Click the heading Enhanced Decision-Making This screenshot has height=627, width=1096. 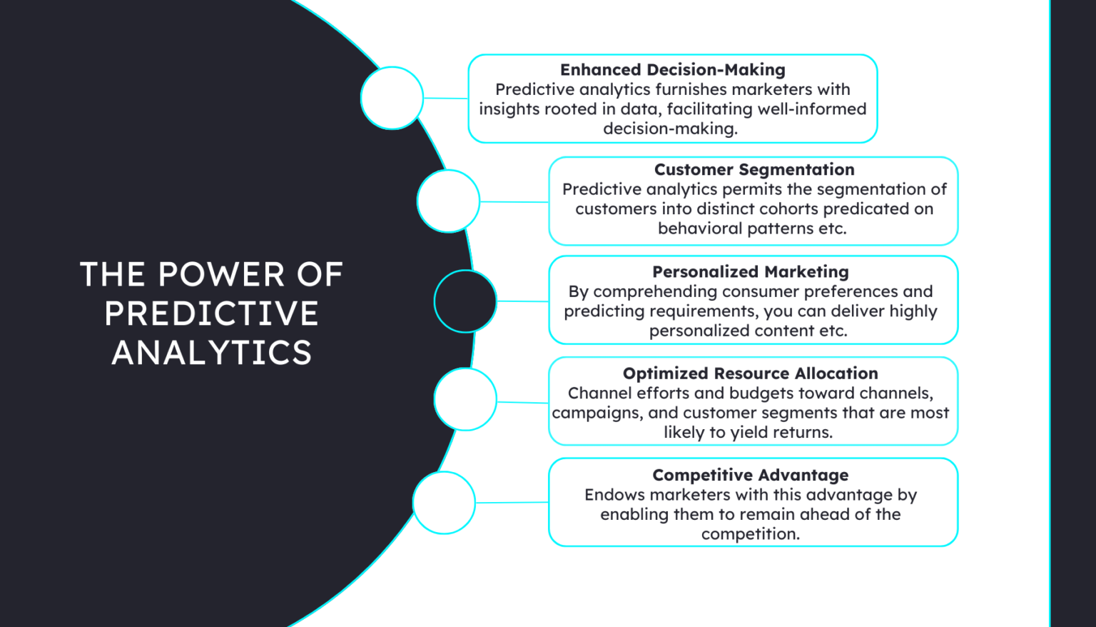pyautogui.click(x=672, y=70)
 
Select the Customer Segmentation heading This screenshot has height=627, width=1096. pyautogui.click(x=753, y=170)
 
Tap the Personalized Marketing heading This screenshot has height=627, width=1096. pyautogui.click(x=750, y=272)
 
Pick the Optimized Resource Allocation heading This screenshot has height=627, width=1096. pyautogui.click(x=750, y=373)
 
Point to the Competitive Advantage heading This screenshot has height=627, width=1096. pyautogui.click(x=750, y=476)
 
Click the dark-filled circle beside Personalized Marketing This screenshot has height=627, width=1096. pyautogui.click(x=465, y=301)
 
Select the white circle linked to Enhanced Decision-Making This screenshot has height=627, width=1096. pyautogui.click(x=392, y=98)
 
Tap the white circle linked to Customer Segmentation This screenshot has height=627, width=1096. pyautogui.click(x=448, y=201)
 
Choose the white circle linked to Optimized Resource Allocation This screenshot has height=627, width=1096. pyautogui.click(x=465, y=399)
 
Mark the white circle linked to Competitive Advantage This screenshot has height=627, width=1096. pyautogui.click(x=444, y=503)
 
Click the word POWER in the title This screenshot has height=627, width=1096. pyautogui.click(x=221, y=275)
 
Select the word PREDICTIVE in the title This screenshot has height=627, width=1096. pyautogui.click(x=211, y=314)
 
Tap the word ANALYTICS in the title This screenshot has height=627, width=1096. pyautogui.click(x=211, y=353)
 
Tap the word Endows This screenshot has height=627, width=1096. pyautogui.click(x=614, y=495)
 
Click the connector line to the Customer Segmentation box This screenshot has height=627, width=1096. pyautogui.click(x=514, y=202)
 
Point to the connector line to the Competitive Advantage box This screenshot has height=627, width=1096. pyautogui.click(x=512, y=503)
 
